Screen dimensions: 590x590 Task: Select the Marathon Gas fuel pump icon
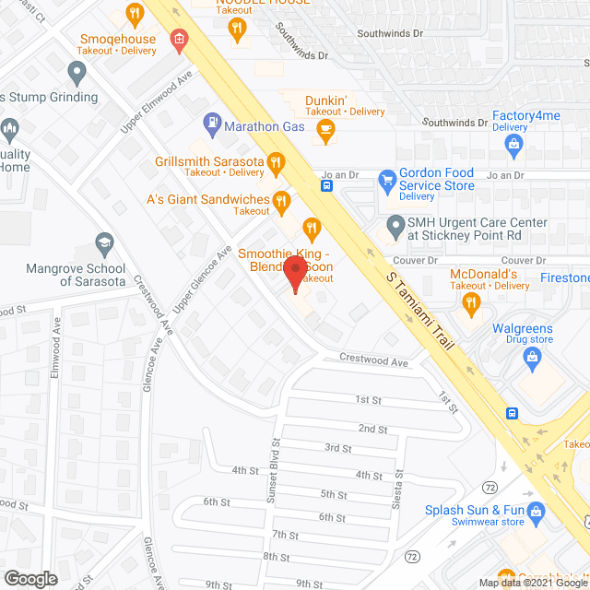click(x=212, y=121)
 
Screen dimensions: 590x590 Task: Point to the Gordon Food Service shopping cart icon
click(x=387, y=178)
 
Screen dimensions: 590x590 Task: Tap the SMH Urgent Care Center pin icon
click(x=395, y=224)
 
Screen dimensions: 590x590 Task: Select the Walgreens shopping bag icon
click(x=529, y=363)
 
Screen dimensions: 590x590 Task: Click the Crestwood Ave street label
click(x=373, y=361)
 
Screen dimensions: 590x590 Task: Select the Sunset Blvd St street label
click(x=273, y=481)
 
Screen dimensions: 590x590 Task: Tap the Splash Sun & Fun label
click(x=475, y=510)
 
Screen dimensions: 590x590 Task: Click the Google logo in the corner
click(x=29, y=578)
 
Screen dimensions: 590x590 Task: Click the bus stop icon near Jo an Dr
click(x=327, y=185)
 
